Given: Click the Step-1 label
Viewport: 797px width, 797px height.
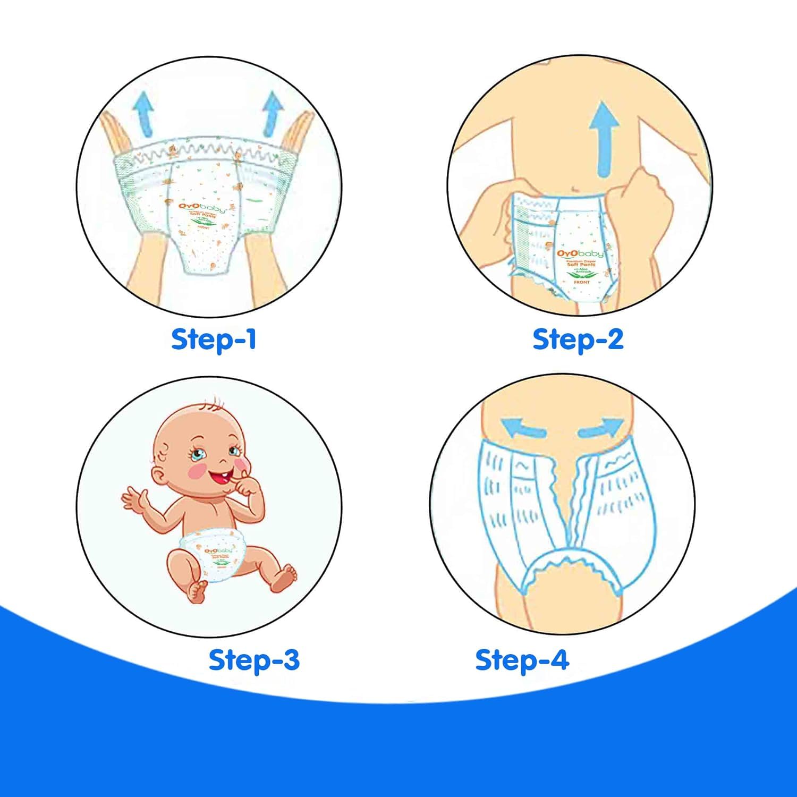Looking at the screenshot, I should [x=214, y=339].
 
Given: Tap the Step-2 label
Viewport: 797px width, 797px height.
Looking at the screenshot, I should [x=578, y=339].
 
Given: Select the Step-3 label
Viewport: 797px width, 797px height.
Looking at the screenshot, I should [x=254, y=660].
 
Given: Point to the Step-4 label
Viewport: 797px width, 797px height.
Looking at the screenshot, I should [x=522, y=660].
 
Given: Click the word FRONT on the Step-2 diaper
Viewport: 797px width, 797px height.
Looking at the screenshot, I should [x=581, y=282].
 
